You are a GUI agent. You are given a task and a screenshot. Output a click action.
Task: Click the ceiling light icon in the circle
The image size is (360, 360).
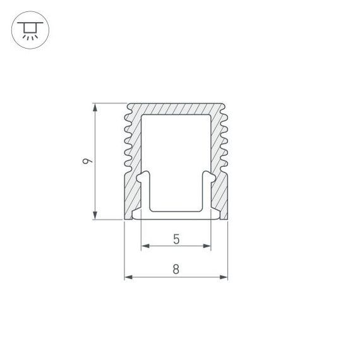point(29,29)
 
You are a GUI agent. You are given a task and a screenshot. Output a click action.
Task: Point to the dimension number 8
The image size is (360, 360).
point(176,270)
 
